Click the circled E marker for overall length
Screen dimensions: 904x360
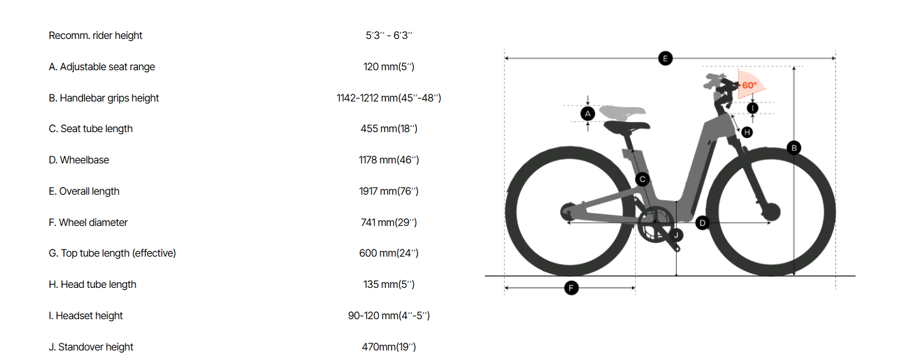665,59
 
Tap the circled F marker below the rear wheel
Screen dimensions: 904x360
571,288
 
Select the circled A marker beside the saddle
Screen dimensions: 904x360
587,114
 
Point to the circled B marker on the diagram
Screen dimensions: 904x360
794,147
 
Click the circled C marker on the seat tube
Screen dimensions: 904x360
642,179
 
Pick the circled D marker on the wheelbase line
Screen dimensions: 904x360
702,223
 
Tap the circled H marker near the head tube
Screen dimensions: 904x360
747,132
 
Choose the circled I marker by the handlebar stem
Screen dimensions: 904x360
752,108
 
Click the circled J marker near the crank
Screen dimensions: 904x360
676,236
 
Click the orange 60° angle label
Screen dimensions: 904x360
749,85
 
